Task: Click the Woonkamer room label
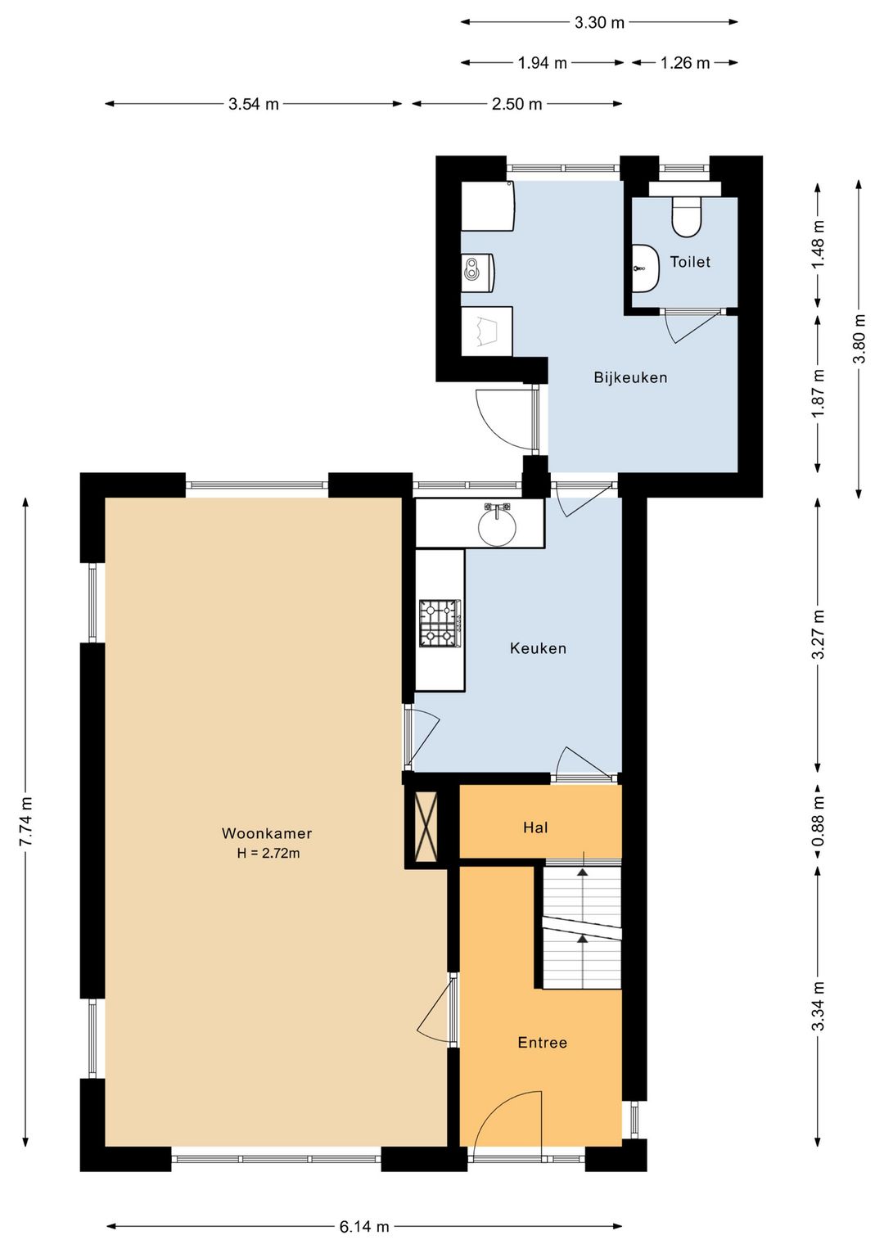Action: click(x=267, y=833)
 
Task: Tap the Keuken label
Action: click(x=539, y=648)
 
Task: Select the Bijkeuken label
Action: click(x=630, y=377)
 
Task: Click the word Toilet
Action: click(x=690, y=262)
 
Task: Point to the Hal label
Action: click(x=535, y=827)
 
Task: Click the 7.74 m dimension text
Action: click(x=25, y=821)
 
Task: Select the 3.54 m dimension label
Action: click(x=253, y=104)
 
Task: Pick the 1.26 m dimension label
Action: click(x=685, y=63)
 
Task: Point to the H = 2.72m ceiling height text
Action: click(x=268, y=853)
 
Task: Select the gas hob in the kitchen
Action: click(x=440, y=624)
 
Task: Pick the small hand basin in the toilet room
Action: click(x=647, y=268)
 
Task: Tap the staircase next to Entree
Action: click(x=582, y=927)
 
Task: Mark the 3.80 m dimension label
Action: click(x=859, y=339)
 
